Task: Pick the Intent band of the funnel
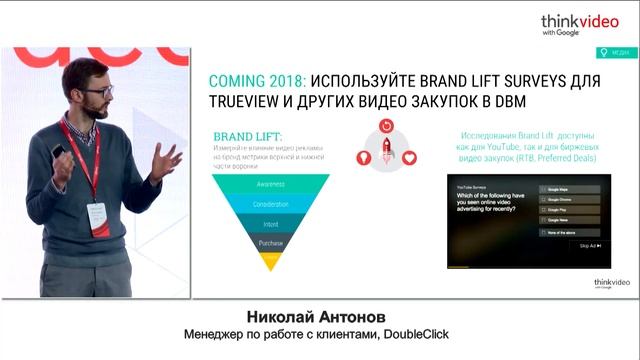coord(271,223)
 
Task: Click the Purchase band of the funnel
coord(271,243)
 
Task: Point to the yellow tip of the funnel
coord(271,260)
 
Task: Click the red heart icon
coord(408,156)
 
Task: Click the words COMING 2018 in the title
coord(251,81)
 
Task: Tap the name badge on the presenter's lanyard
coord(97,214)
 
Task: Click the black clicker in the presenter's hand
coord(59,152)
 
